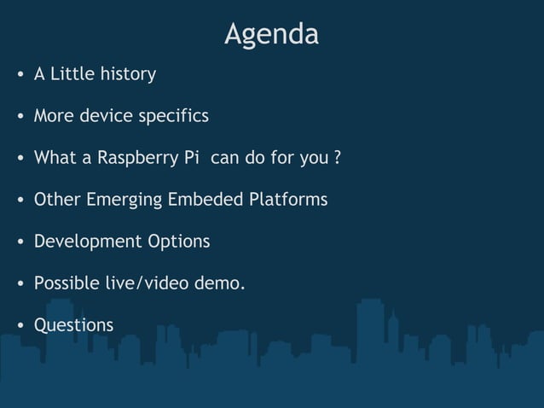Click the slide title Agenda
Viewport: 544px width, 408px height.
(271, 34)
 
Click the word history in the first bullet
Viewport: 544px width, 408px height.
(128, 74)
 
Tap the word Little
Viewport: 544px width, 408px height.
(72, 74)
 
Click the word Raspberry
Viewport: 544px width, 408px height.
(132, 159)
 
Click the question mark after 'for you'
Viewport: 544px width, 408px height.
(339, 159)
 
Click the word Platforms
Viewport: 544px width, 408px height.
(288, 201)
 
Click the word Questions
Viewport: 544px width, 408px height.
(73, 326)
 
